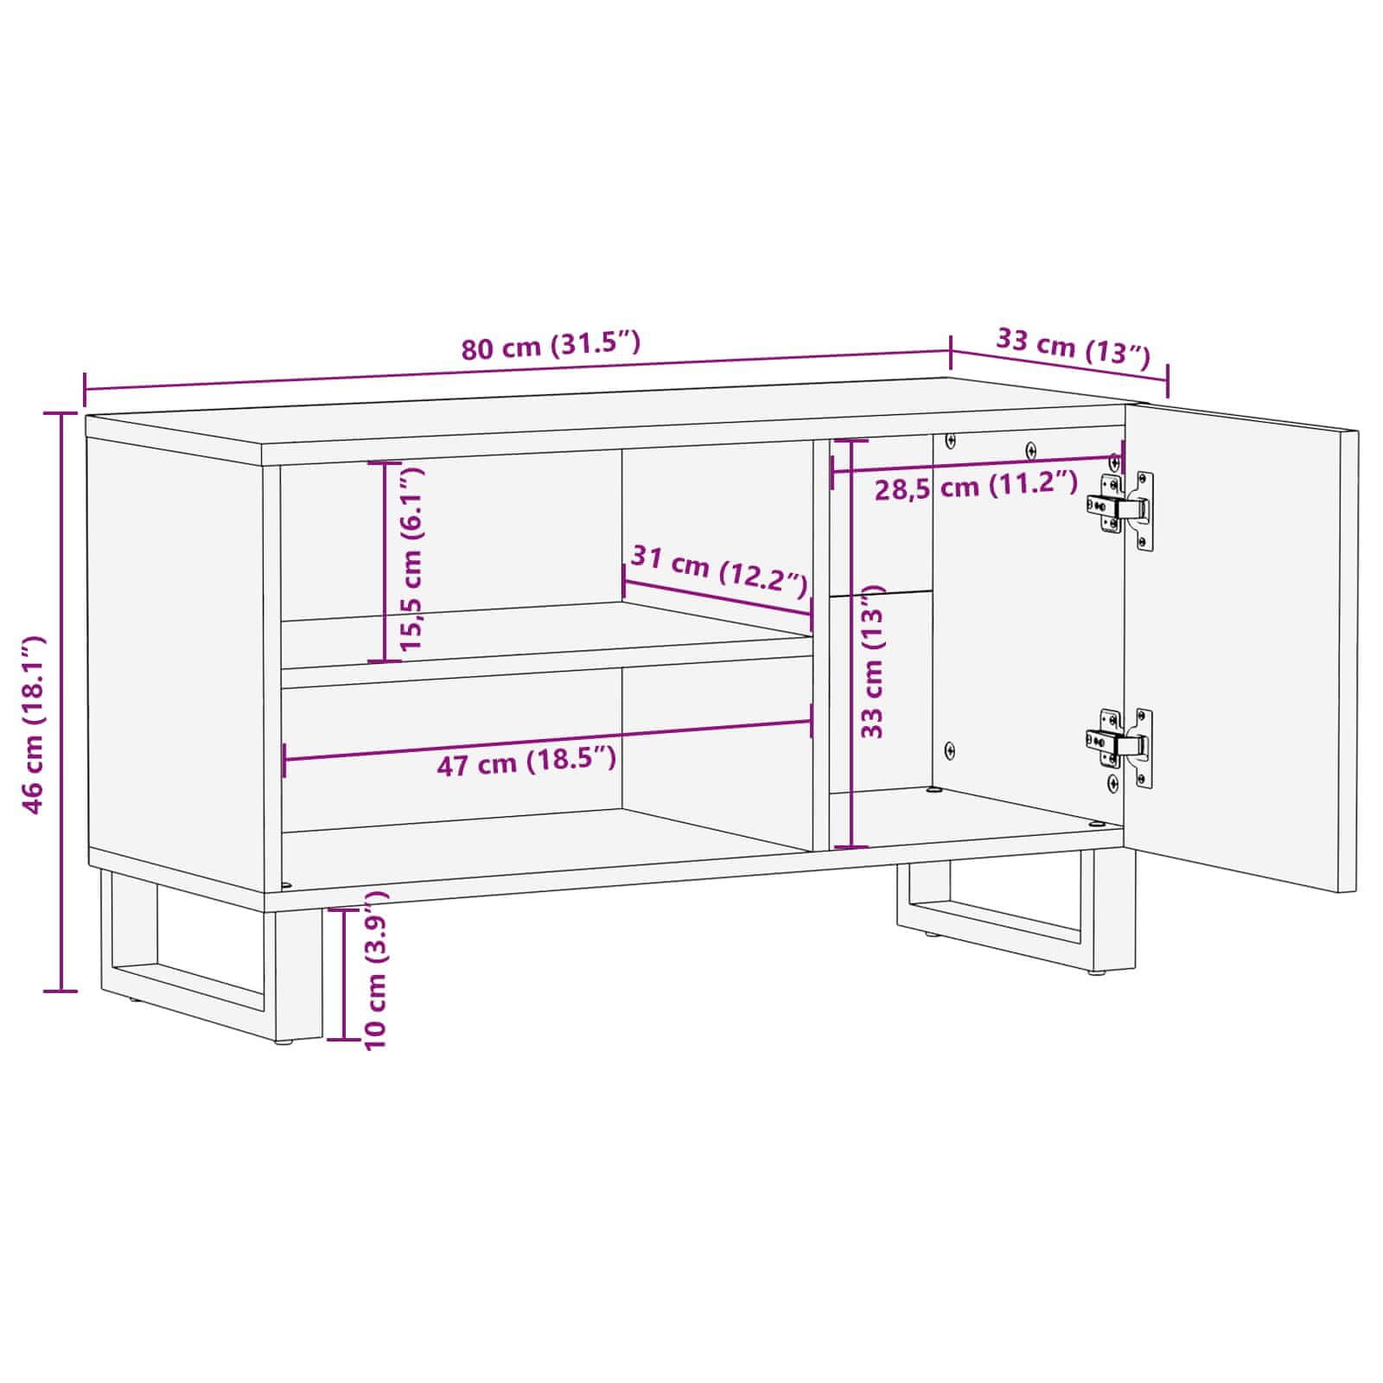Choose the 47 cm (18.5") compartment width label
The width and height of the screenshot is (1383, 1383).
pos(526,762)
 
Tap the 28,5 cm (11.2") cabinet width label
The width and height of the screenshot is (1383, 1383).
pos(975,486)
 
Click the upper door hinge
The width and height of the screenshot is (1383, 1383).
pos(1121,509)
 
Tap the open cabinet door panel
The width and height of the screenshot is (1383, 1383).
pos(1241,647)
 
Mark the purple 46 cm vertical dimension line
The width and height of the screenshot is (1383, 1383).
pos(61,702)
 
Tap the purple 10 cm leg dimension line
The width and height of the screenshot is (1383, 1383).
pos(343,973)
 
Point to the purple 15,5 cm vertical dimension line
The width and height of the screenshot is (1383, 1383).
pos(384,563)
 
